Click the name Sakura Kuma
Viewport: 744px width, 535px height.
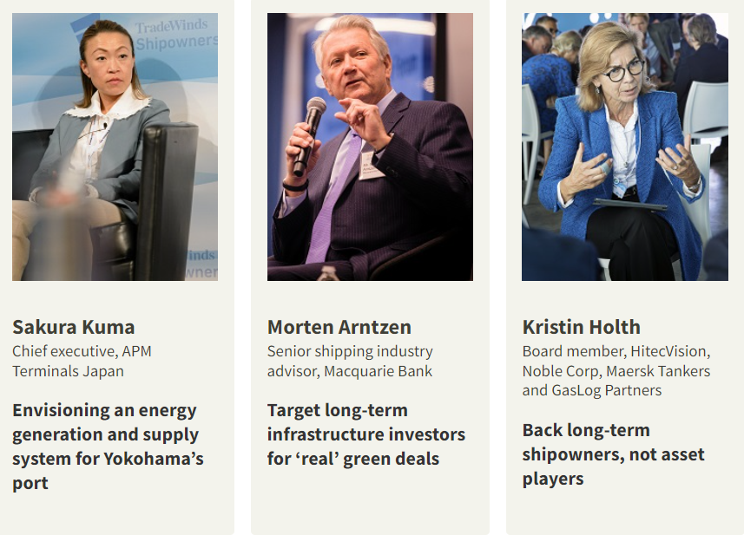74,327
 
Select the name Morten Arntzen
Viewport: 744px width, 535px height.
339,327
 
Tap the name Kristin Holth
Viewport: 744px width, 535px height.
582,327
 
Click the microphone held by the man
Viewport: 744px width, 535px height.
309,136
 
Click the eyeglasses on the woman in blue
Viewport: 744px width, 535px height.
624,72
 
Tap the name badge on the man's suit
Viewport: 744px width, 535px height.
370,165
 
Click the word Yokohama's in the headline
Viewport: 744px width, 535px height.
154,459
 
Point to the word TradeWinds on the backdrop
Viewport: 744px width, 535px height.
171,27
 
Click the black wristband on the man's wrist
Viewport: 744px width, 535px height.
294,186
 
